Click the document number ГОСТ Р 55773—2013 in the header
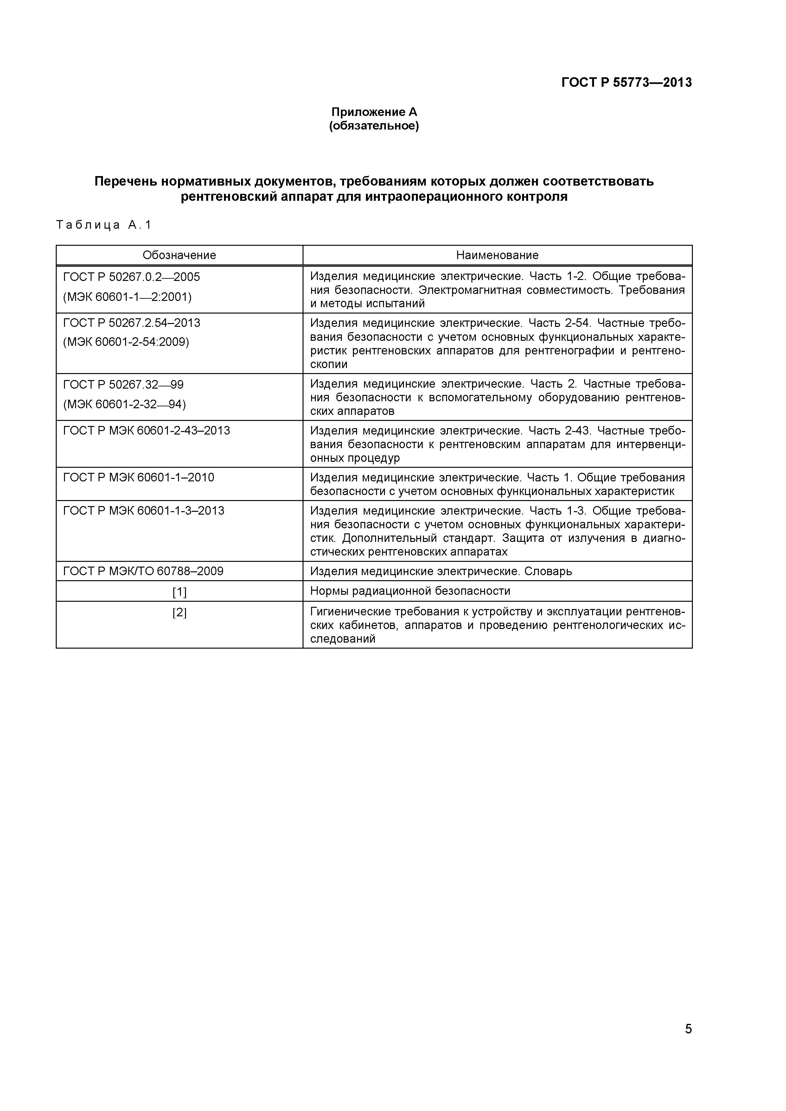click(626, 83)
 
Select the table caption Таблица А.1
click(104, 225)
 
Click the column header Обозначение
click(179, 255)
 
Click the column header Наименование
click(497, 255)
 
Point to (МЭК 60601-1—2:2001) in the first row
click(127, 297)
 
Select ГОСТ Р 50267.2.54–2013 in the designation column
click(132, 323)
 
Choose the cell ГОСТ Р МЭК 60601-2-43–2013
click(147, 431)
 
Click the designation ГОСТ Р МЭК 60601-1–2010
click(138, 478)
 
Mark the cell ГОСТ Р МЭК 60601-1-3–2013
click(144, 511)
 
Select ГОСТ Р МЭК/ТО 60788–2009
click(143, 571)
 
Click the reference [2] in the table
click(179, 613)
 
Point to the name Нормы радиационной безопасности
click(410, 591)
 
